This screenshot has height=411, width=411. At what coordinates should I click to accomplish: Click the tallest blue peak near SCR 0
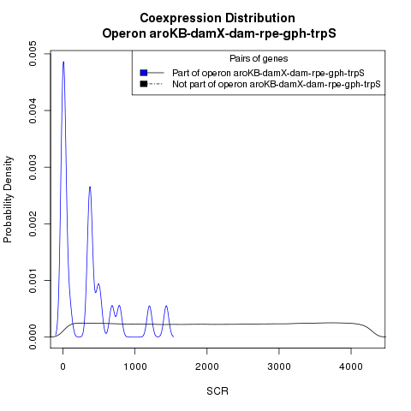pos(63,62)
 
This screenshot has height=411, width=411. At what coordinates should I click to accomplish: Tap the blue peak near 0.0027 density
pos(90,188)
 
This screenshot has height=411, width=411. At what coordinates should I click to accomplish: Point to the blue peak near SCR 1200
pos(149,307)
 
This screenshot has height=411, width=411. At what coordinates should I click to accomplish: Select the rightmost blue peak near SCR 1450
pos(166,307)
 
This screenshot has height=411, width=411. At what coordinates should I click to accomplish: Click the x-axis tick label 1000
pos(135,366)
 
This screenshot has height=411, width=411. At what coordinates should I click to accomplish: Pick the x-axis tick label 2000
pos(207,366)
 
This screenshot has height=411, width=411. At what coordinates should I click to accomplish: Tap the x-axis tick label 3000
pos(279,366)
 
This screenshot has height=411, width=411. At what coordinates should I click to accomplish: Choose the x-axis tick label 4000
pos(351,366)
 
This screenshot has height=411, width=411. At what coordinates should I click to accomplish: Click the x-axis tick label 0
pos(63,366)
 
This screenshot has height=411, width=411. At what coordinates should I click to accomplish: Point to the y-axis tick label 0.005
pos(33,54)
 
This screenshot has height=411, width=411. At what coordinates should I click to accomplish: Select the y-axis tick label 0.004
pos(33,110)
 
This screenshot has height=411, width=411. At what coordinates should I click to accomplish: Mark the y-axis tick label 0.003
pos(33,167)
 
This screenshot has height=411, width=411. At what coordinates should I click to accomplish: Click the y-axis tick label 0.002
pos(33,223)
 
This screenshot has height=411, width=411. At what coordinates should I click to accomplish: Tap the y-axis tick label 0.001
pos(33,280)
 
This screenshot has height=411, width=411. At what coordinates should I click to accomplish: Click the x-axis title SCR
pos(217,391)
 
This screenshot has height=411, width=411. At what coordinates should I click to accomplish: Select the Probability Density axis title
pos(8,200)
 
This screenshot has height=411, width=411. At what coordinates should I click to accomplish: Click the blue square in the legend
pos(144,73)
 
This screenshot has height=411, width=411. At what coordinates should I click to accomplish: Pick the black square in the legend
pos(144,84)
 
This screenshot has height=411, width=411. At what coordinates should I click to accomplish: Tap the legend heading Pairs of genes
pos(259,59)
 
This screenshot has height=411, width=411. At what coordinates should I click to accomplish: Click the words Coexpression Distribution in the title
pos(217,18)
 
